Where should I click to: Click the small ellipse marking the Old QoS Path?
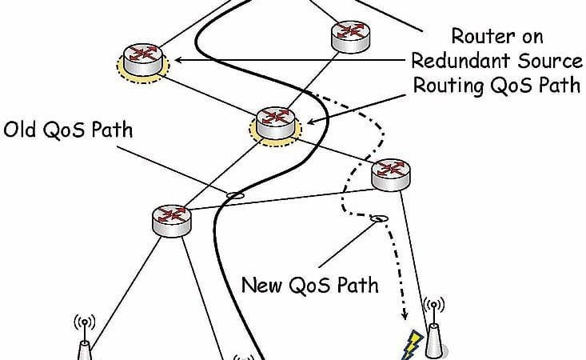[x=234, y=194]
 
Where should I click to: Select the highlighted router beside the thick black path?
[x=276, y=120]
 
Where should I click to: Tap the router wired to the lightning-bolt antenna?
[x=391, y=172]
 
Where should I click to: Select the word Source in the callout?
[x=548, y=60]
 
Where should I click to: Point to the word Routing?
[x=444, y=85]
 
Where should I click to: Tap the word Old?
[x=21, y=130]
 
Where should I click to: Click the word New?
[x=261, y=284]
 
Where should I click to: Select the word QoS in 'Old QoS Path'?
[x=63, y=130]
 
